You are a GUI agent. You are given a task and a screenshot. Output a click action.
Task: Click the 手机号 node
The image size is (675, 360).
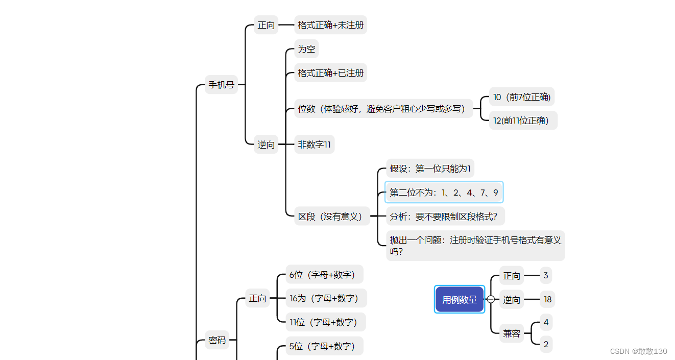pos(221,85)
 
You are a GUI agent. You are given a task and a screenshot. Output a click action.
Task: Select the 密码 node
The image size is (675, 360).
pos(217,340)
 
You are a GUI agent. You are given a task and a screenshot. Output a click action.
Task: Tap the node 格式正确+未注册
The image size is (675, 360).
pos(330,25)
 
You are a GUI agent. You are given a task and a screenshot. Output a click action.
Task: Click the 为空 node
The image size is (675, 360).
pos(306,49)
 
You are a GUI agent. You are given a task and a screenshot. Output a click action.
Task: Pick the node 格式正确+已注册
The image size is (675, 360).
pos(330,73)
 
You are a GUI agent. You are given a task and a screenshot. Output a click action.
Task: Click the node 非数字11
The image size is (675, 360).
pos(314,145)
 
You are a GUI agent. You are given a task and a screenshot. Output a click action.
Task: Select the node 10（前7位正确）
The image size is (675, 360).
pos(522,97)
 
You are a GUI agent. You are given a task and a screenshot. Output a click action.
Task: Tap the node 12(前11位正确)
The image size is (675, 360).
pos(523,121)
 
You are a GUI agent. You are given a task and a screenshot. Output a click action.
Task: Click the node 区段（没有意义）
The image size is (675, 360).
pos(332,217)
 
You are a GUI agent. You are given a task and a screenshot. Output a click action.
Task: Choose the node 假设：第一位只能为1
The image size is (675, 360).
pos(430,169)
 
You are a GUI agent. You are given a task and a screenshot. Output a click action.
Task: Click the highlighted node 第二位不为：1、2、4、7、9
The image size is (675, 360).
pos(444,193)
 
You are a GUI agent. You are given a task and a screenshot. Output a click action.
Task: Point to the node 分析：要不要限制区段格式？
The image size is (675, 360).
pos(445,217)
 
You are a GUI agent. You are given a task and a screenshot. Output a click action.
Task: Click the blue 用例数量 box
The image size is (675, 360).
pos(460,300)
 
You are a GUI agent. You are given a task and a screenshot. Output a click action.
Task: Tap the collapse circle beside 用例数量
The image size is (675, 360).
pos(491,300)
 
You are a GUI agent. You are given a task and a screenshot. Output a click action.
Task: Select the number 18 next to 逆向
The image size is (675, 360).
pos(547,300)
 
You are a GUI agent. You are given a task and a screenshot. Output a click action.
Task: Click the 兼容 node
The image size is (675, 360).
pos(512,333)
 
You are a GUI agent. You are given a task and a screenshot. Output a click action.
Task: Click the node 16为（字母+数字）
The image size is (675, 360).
pos(326,298)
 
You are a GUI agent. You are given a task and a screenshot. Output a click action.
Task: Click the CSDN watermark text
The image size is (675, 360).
pos(638,351)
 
